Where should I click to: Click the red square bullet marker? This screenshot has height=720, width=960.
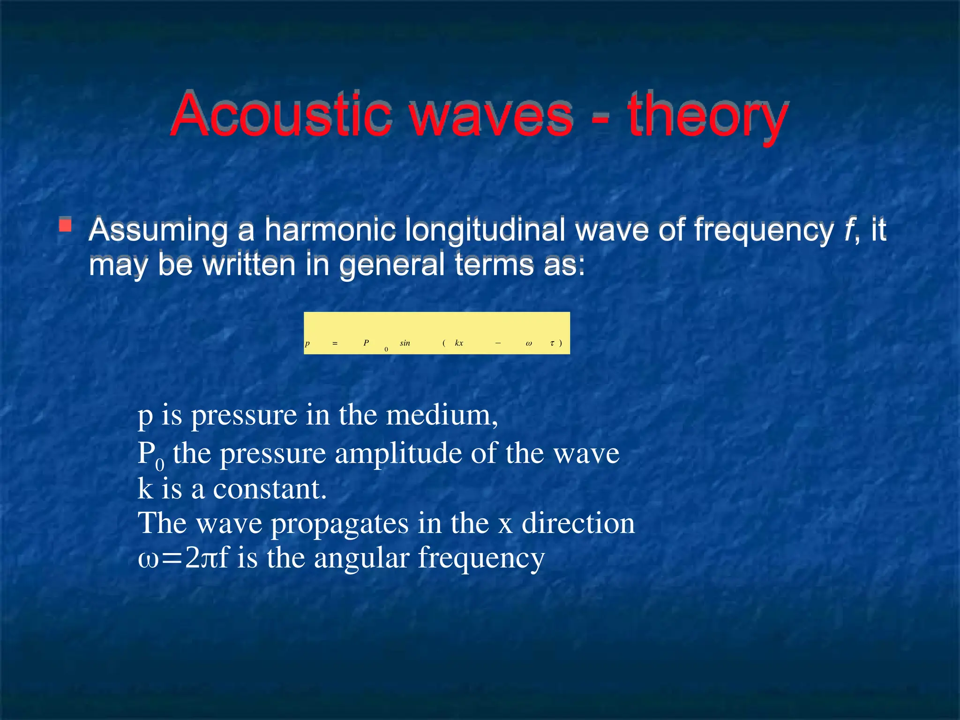pyautogui.click(x=65, y=225)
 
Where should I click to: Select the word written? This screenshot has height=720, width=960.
pyautogui.click(x=249, y=264)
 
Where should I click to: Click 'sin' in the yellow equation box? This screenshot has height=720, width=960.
pyautogui.click(x=405, y=343)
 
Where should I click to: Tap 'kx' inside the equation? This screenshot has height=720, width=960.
pyautogui.click(x=459, y=343)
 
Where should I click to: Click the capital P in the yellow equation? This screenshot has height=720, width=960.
pyautogui.click(x=366, y=343)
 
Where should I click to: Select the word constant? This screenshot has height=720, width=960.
pyautogui.click(x=270, y=489)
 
